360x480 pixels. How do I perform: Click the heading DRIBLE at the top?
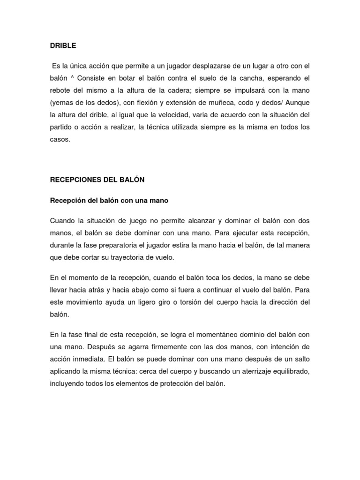pos(63,46)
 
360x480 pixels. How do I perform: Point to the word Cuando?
pos(62,220)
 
